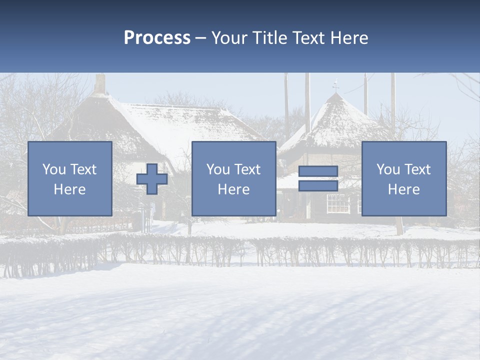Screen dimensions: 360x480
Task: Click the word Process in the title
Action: point(157,38)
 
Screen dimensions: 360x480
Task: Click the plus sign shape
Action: point(152,179)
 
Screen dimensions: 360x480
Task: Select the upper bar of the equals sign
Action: point(318,171)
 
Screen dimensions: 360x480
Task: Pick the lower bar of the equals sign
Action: point(318,186)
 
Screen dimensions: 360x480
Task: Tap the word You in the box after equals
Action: point(387,169)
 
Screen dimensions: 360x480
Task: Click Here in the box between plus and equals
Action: point(234,189)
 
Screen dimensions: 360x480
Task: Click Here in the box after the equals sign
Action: point(404,189)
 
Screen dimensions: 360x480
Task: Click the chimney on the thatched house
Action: point(100,84)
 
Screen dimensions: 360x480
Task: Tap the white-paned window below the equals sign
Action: point(338,202)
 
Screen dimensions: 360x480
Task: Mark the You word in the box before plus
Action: point(53,169)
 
